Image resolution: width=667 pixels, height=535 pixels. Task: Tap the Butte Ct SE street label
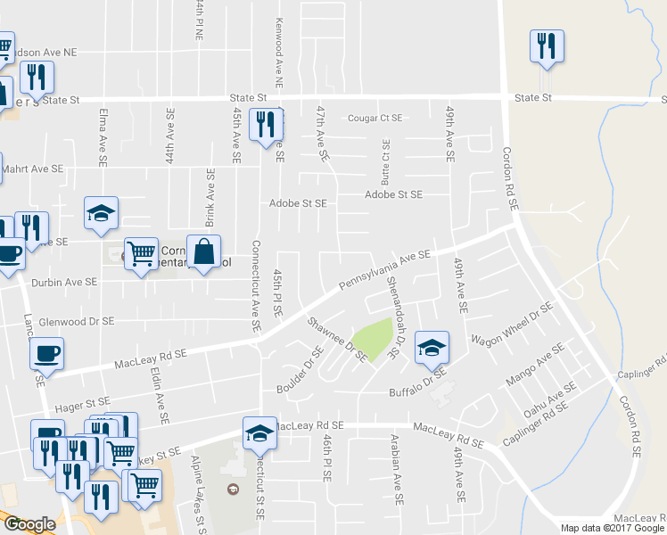pyautogui.click(x=386, y=160)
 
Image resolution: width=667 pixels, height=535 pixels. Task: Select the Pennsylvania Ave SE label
pyautogui.click(x=385, y=271)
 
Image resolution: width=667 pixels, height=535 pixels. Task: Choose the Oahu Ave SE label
pyautogui.click(x=550, y=399)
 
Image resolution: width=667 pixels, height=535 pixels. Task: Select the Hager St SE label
pyautogui.click(x=82, y=406)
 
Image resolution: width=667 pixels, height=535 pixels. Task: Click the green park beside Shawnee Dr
pyautogui.click(x=375, y=336)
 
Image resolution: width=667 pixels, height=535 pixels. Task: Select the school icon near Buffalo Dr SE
pyautogui.click(x=432, y=347)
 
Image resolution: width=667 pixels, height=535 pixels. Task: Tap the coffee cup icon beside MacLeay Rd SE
pyautogui.click(x=47, y=353)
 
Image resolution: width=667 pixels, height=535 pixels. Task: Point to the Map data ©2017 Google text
pyautogui.click(x=612, y=528)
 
